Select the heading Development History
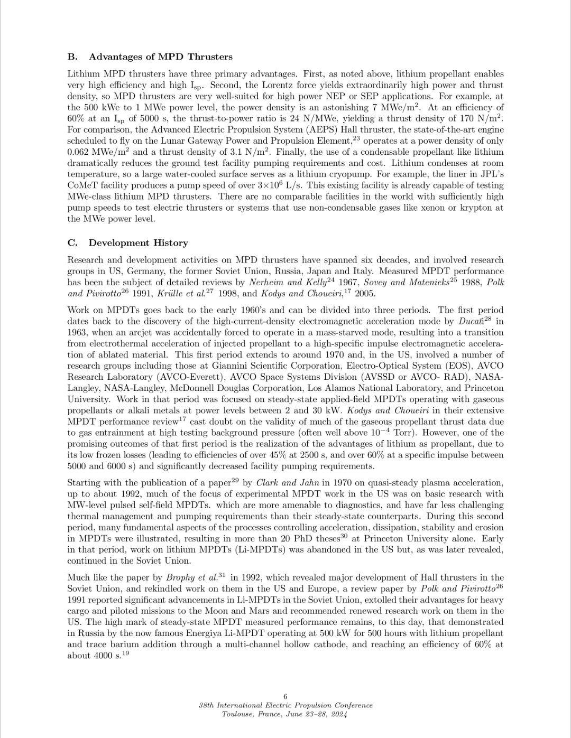(138, 243)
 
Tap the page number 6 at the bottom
(285, 696)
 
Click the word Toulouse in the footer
(239, 714)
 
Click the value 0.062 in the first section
(79, 152)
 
